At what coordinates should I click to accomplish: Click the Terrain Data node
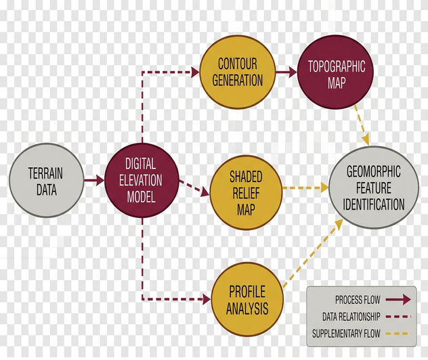click(x=47, y=180)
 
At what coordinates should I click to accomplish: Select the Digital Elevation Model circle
click(x=142, y=180)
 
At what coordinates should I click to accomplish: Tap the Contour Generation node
click(x=237, y=72)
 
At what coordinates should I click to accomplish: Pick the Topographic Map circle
click(x=335, y=72)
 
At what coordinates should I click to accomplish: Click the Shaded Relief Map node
click(x=246, y=193)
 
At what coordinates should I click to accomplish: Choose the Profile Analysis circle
click(x=247, y=299)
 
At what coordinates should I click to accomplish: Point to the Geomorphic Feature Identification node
click(x=373, y=187)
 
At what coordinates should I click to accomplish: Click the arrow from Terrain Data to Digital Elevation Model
click(x=94, y=180)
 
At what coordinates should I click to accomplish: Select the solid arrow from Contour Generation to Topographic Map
click(x=286, y=72)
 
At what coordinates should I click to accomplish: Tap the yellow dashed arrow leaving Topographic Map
click(x=362, y=125)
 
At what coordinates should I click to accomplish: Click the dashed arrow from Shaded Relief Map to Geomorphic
click(x=305, y=187)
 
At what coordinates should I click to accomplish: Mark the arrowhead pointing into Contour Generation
click(x=195, y=72)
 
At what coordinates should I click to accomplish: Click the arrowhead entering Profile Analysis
click(x=207, y=299)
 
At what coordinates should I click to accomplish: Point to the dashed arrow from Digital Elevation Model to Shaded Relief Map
click(x=194, y=188)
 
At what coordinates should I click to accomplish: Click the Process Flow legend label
click(x=358, y=300)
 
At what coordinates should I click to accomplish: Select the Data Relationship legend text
click(x=351, y=317)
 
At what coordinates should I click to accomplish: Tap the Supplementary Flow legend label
click(x=346, y=334)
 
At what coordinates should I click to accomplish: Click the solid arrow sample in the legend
click(x=398, y=300)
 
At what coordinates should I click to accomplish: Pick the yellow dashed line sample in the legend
click(x=398, y=334)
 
